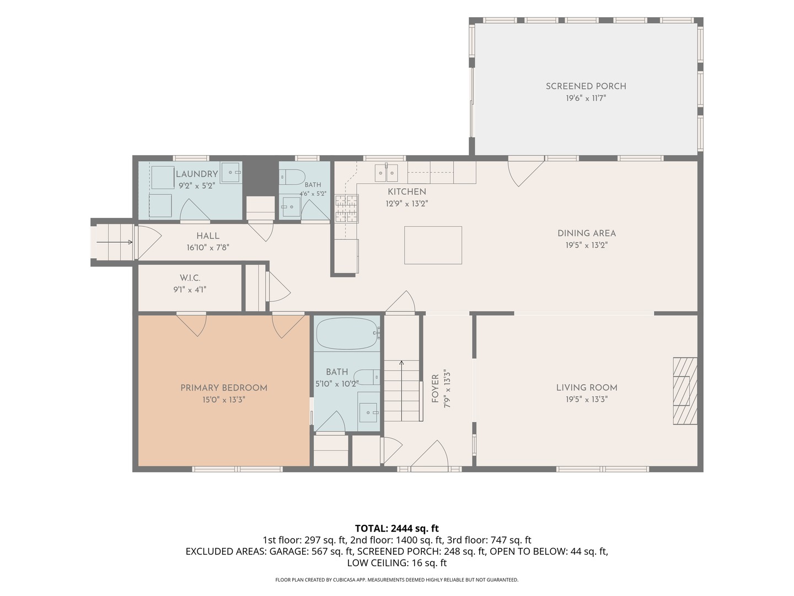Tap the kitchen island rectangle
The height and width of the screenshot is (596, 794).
433,245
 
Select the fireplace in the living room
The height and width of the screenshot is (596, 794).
684,391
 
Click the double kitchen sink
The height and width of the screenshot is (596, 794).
386,173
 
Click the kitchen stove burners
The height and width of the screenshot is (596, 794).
346,208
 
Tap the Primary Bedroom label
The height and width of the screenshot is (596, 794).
223,388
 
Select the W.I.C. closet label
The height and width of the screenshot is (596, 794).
190,278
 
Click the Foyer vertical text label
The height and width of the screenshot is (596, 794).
435,389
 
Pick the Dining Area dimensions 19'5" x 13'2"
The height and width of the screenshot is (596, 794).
586,245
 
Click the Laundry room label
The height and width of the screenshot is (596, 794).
197,174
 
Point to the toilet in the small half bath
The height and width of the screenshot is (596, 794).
292,177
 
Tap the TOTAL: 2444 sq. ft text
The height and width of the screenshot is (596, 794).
397,528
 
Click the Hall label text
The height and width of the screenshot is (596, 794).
208,236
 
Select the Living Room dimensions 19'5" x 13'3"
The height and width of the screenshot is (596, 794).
586,399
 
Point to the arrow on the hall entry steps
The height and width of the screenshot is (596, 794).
115,242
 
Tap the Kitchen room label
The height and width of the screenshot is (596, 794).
406,192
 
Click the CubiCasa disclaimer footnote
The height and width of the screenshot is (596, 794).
397,579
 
